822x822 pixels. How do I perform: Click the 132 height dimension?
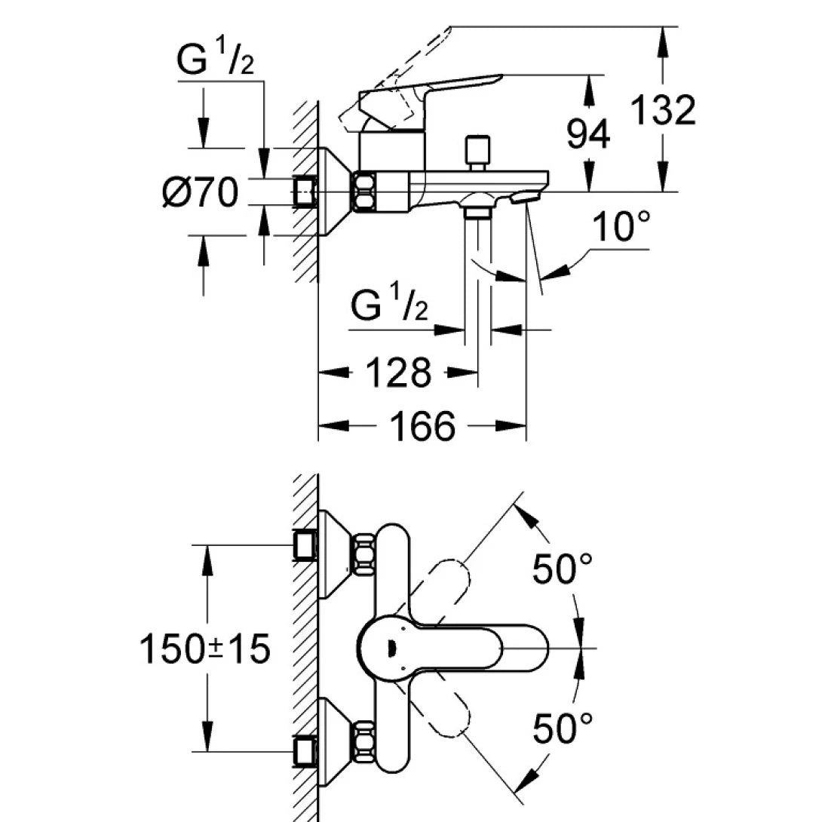point(662,110)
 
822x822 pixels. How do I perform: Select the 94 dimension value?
point(589,133)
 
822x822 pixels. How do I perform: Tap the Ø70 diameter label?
point(201,193)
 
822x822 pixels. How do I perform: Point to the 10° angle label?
point(621,226)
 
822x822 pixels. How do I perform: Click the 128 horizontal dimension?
point(399,373)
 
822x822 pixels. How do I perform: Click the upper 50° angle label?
point(563,569)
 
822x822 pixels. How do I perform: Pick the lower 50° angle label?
point(563,728)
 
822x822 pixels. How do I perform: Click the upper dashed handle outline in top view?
point(448,585)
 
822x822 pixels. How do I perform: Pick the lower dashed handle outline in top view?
point(448,712)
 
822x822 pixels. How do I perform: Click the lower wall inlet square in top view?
point(305,751)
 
